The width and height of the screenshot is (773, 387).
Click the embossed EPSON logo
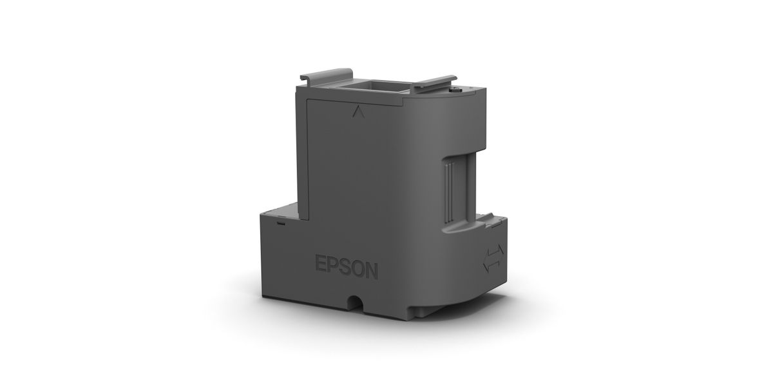click(347, 267)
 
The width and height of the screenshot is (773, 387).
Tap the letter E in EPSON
click(321, 263)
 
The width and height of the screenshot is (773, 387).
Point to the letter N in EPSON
click(372, 270)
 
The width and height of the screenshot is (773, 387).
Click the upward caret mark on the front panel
click(359, 112)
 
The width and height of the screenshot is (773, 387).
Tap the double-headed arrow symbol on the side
click(493, 259)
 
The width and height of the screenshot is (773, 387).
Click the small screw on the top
click(455, 90)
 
